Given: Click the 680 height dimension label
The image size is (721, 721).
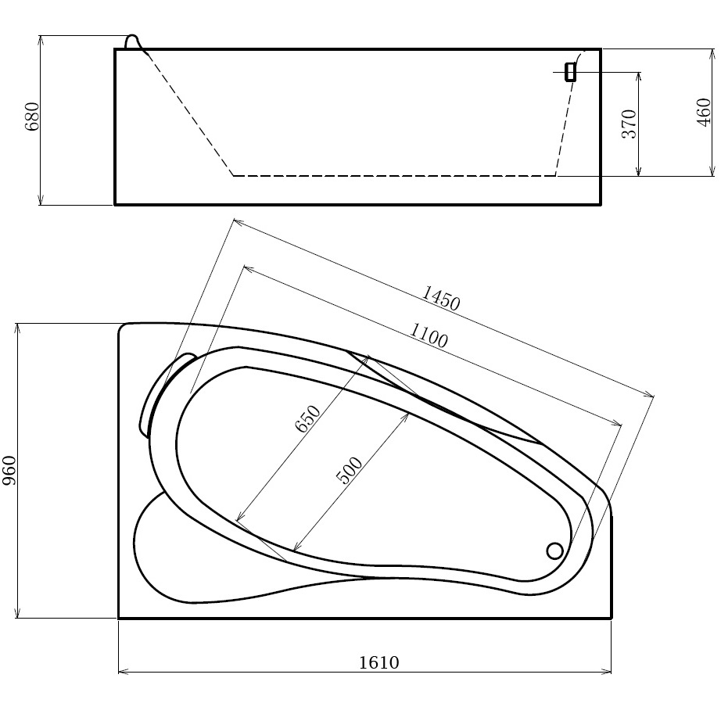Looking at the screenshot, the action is point(33,117).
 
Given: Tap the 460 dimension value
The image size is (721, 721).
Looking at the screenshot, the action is point(704,112).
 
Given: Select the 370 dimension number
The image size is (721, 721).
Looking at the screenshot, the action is point(629,124).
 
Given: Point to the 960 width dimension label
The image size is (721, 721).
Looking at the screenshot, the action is point(9,471).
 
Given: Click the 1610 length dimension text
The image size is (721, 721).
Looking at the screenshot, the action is point(379,662).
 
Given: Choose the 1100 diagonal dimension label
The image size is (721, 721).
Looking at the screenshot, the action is point(429,335).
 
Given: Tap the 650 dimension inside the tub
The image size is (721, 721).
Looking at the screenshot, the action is point(307,418).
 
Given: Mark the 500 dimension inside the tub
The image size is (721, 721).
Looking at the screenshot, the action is point(350,471).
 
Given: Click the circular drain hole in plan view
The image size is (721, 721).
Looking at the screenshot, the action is point(555,551).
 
